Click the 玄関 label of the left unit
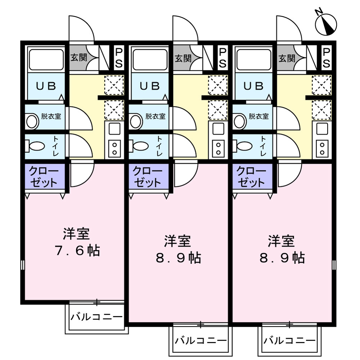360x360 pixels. pyautogui.click(x=78, y=58)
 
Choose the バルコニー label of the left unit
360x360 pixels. pyautogui.click(x=96, y=317)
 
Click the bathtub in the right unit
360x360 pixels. pyautogui.click(x=254, y=59)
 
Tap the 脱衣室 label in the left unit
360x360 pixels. pyautogui.click(x=51, y=116)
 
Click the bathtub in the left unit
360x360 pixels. pyautogui.click(x=46, y=59)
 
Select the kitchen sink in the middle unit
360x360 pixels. pyautogui.click(x=218, y=129)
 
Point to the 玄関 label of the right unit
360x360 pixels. pyautogui.click(x=287, y=58)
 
